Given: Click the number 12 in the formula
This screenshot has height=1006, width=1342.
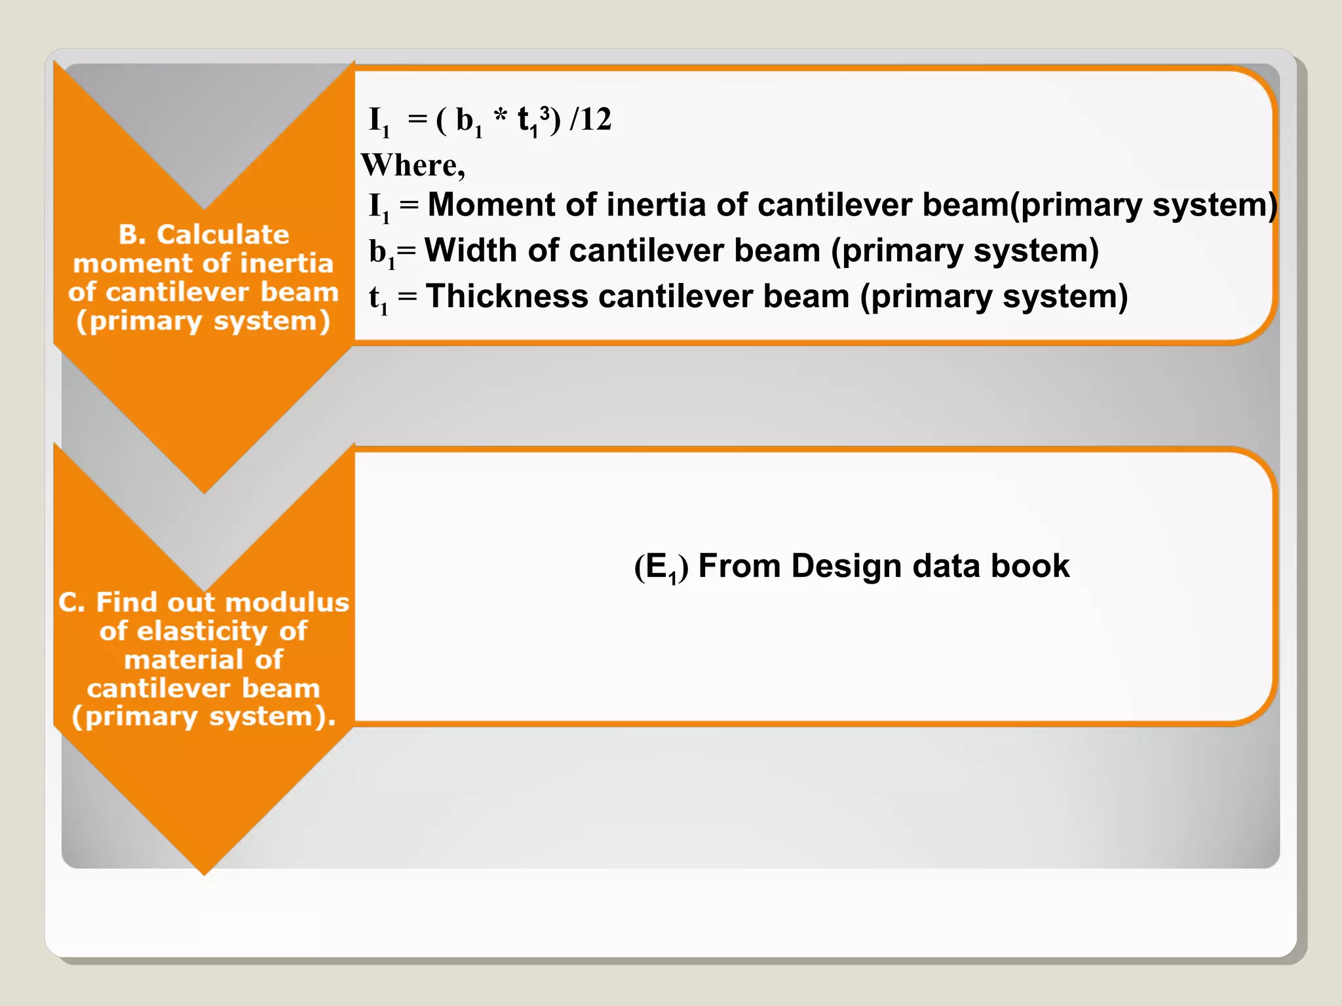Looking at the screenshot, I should [x=596, y=120].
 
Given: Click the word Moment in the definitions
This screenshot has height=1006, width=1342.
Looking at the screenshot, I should [x=492, y=205].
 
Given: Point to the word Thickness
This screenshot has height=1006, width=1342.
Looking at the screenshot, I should [x=507, y=297].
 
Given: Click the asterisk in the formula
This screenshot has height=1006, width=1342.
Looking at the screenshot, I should [x=501, y=119].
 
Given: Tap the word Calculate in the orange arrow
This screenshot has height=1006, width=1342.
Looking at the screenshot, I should [x=223, y=234].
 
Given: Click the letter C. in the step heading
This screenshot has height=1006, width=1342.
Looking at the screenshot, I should [x=72, y=603].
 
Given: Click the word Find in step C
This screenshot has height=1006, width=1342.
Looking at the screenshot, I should [x=128, y=603].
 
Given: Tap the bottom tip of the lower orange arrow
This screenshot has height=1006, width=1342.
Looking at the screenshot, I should [x=204, y=873].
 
